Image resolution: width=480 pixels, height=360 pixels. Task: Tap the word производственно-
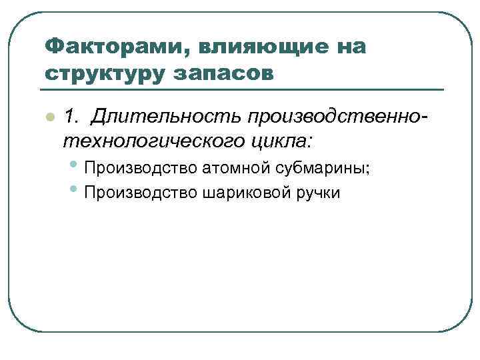click(337, 117)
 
